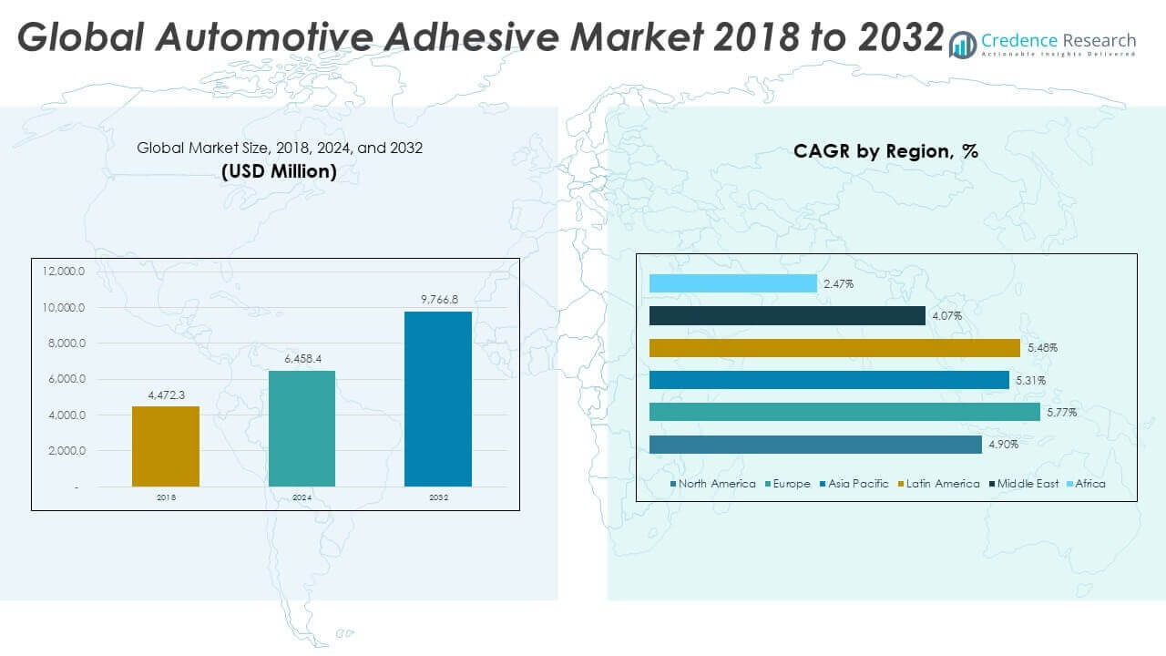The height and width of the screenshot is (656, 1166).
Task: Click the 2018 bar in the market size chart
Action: (166, 446)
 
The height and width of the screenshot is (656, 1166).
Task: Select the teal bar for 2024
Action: (302, 428)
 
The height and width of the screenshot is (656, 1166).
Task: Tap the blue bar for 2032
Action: (438, 399)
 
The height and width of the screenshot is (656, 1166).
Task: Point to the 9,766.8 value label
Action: (438, 300)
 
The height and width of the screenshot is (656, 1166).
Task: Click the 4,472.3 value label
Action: (166, 395)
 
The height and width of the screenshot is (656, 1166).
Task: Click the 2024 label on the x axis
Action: (302, 498)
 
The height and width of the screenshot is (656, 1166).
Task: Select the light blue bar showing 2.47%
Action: (733, 284)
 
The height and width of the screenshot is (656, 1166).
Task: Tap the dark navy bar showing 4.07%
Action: (787, 316)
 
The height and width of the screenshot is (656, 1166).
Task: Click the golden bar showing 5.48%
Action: (834, 348)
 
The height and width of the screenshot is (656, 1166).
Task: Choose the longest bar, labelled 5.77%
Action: (844, 412)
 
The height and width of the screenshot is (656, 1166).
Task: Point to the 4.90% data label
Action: (1003, 445)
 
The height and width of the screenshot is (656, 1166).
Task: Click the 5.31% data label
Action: (1030, 380)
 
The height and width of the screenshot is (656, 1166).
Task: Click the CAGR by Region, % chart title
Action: (885, 152)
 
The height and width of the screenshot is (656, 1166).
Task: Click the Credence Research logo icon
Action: (962, 43)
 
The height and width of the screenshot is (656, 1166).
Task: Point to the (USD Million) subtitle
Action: (279, 171)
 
